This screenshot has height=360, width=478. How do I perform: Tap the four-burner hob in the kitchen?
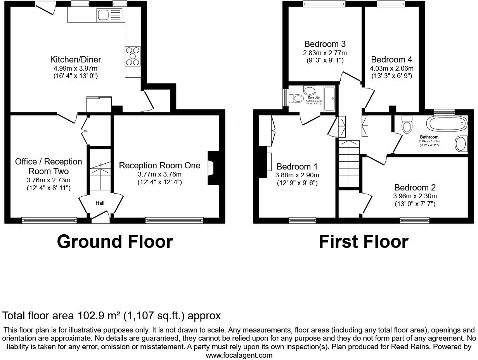coord(132,55)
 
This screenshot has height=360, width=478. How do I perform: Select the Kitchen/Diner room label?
coord(76,59)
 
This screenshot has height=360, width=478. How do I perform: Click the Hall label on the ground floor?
coord(100,202)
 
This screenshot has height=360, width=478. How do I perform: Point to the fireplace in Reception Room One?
coord(212,168)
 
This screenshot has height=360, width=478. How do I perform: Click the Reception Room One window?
coord(174,220)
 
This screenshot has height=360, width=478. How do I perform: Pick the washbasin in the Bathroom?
coord(461,144)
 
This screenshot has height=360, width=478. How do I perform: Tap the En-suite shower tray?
coord(329,99)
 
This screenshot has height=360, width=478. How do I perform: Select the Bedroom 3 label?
coord(325,44)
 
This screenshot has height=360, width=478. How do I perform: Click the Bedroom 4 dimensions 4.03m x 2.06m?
coord(391,68)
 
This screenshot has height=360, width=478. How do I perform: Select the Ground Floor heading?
coord(115,242)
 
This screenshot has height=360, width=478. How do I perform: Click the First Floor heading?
coord(364,242)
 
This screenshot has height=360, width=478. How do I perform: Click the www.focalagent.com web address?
coord(239,355)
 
